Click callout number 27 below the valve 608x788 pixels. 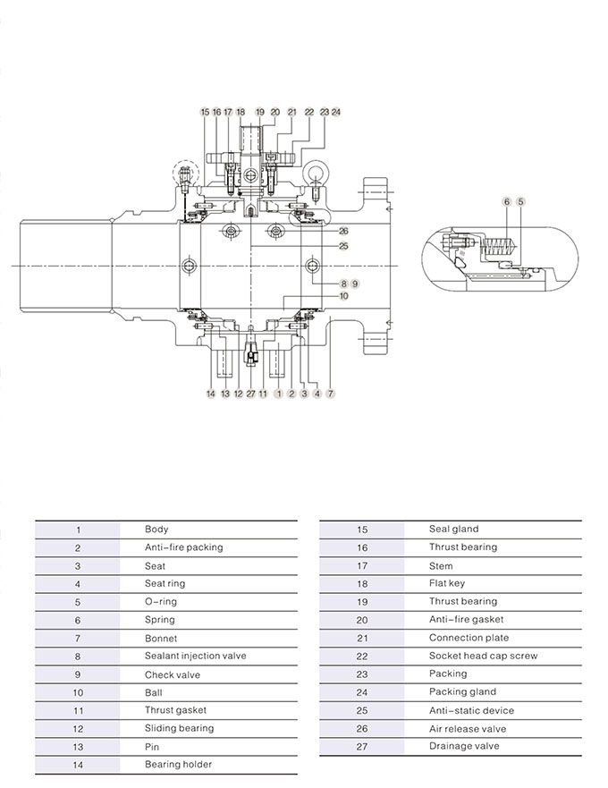[250, 394]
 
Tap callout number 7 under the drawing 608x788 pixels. [330, 394]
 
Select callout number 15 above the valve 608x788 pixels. [205, 112]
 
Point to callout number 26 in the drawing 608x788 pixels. [343, 231]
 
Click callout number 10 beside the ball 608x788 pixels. [343, 296]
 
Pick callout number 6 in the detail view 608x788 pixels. [507, 202]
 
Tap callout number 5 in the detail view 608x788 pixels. [520, 202]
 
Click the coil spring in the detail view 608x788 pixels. [499, 247]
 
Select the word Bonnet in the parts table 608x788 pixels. [161, 639]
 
